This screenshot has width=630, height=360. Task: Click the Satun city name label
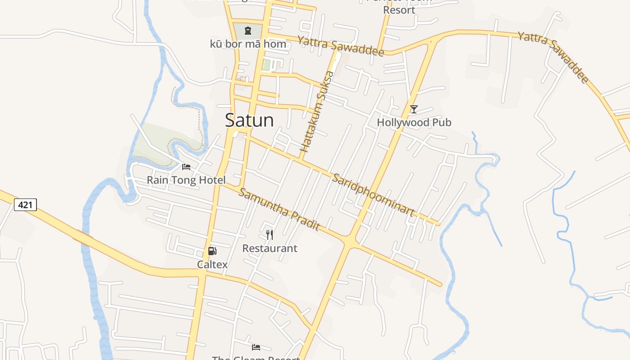click(x=249, y=120)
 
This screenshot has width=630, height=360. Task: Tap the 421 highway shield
click(x=25, y=205)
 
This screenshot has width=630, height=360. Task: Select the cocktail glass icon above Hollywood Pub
click(x=414, y=109)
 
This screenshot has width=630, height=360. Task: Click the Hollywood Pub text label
click(x=414, y=122)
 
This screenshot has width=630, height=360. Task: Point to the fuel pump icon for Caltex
click(x=212, y=251)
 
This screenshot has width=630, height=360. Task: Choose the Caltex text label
click(x=212, y=265)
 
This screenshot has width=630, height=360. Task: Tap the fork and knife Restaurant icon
click(x=270, y=234)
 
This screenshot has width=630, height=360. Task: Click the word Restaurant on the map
click(x=270, y=248)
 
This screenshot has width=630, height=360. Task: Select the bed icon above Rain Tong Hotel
click(x=186, y=167)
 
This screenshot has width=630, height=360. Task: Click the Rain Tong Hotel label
click(x=186, y=180)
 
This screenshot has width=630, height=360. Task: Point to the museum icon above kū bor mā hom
click(x=247, y=31)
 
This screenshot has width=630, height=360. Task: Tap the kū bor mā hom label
click(x=248, y=44)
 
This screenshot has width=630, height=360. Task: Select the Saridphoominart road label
click(x=373, y=195)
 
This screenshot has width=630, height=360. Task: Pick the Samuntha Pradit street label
click(x=279, y=209)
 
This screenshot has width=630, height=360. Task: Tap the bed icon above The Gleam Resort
click(x=256, y=347)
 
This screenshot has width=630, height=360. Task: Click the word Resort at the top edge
click(x=399, y=9)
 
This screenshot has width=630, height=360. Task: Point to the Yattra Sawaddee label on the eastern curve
click(x=553, y=57)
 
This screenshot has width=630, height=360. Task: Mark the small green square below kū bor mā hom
click(x=267, y=65)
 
